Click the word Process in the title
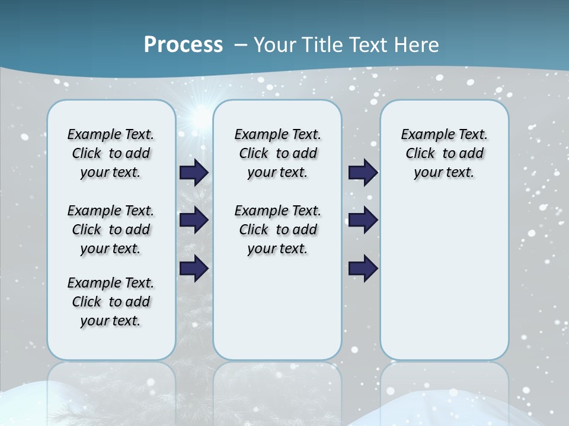(183, 45)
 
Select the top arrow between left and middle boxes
(194, 173)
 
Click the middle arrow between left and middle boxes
(194, 220)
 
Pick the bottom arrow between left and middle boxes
(194, 269)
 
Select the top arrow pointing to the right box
(363, 173)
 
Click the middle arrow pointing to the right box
(363, 220)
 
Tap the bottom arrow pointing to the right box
(363, 269)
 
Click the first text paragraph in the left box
(111, 153)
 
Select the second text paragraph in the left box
(111, 230)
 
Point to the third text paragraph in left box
(111, 302)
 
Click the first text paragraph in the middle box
(277, 153)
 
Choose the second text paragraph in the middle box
(277, 230)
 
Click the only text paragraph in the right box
(444, 153)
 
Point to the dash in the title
(241, 45)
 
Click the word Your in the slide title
(276, 45)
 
